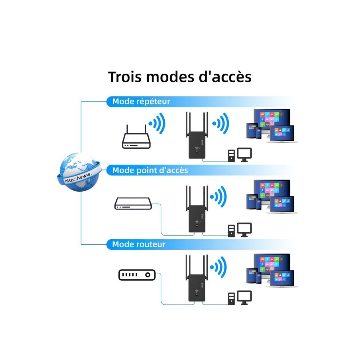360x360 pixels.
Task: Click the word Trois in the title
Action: point(125,77)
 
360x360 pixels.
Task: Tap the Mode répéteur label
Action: point(141,101)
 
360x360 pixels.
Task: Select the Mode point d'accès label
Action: point(150,170)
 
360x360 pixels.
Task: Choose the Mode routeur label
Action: point(139,244)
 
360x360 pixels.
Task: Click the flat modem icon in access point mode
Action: point(133,203)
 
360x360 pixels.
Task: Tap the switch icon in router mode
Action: point(137,275)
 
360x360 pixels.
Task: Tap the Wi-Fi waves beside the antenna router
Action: point(157,123)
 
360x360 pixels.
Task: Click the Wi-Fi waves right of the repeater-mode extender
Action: point(221,123)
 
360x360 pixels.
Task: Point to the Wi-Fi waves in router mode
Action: point(218,267)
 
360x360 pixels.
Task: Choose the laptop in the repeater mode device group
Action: point(282,134)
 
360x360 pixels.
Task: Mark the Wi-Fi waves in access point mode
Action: point(218,196)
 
